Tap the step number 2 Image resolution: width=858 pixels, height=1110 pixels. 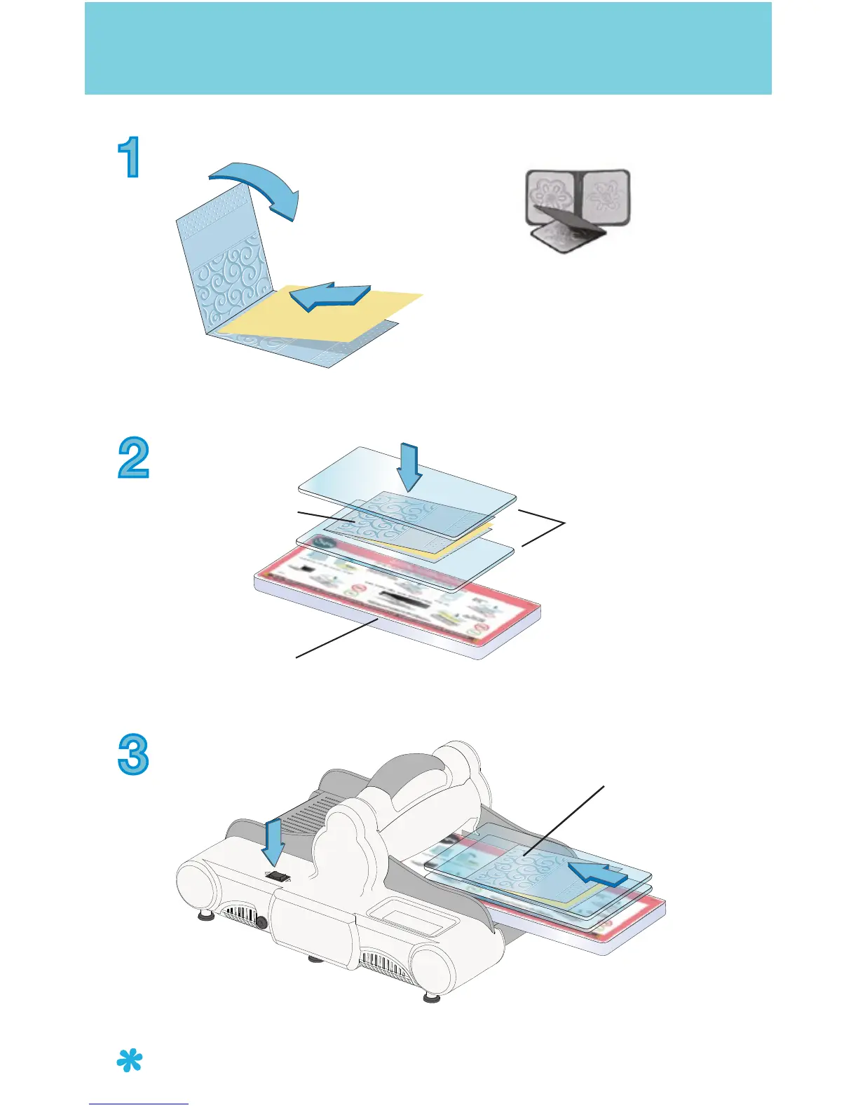(133, 458)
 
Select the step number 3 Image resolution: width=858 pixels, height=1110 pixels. (133, 754)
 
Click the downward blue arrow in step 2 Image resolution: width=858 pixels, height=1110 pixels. (409, 467)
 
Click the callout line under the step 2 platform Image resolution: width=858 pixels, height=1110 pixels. (337, 638)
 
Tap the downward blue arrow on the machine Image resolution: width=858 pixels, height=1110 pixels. (273, 844)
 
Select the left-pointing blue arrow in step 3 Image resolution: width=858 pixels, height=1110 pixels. (596, 875)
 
